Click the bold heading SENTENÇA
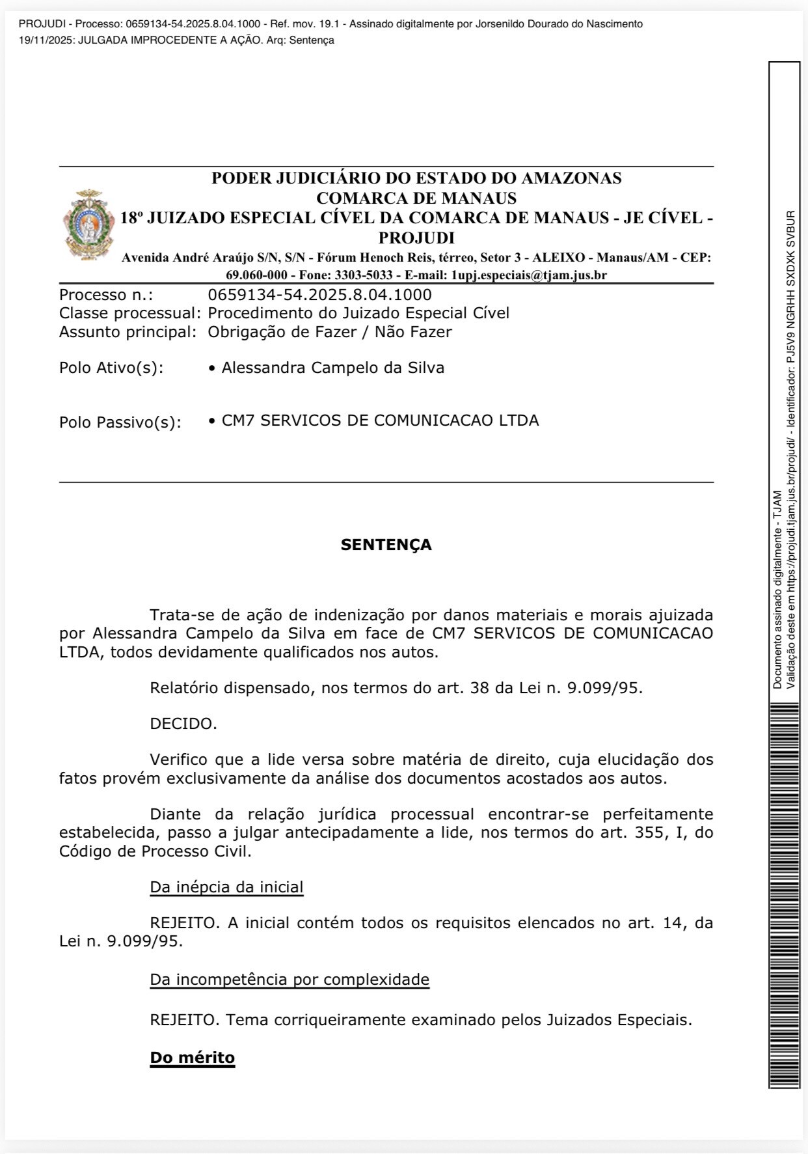coord(386,545)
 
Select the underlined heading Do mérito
coord(192,1057)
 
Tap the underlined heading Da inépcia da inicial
coord(226,887)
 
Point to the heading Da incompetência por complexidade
coord(290,980)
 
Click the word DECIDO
coord(183,724)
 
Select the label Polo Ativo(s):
coord(111,368)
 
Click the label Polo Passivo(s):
coord(120,422)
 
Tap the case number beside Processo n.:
coord(319,295)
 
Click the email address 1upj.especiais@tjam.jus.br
coord(529,275)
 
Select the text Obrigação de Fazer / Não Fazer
coord(329,332)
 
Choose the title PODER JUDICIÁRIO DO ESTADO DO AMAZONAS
coord(416,178)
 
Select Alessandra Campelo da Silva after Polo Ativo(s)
coord(332,368)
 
